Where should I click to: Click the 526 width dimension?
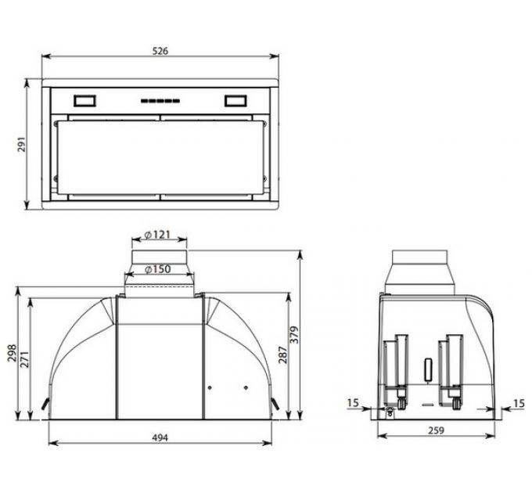160,50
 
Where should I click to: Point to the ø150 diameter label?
159,270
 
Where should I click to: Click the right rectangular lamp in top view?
235,100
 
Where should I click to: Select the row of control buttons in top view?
160,100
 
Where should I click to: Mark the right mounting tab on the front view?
276,404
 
